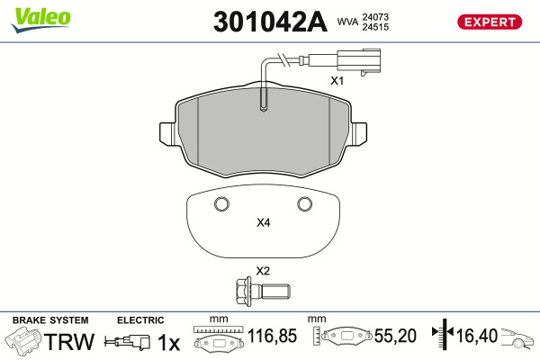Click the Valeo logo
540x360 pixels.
pyautogui.click(x=40, y=20)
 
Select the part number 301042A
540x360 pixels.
pyautogui.click(x=270, y=22)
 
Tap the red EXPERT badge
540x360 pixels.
pyautogui.click(x=490, y=22)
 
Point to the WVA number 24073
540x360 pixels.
pyautogui.click(x=375, y=17)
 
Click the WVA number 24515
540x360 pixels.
pyautogui.click(x=375, y=27)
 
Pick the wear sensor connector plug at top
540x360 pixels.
pyautogui.click(x=359, y=61)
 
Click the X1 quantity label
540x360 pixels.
pyautogui.click(x=337, y=81)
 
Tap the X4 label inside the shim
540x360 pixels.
pyautogui.click(x=264, y=222)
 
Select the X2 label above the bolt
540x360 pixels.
pyautogui.click(x=263, y=271)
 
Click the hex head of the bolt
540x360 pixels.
pyautogui.click(x=244, y=292)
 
